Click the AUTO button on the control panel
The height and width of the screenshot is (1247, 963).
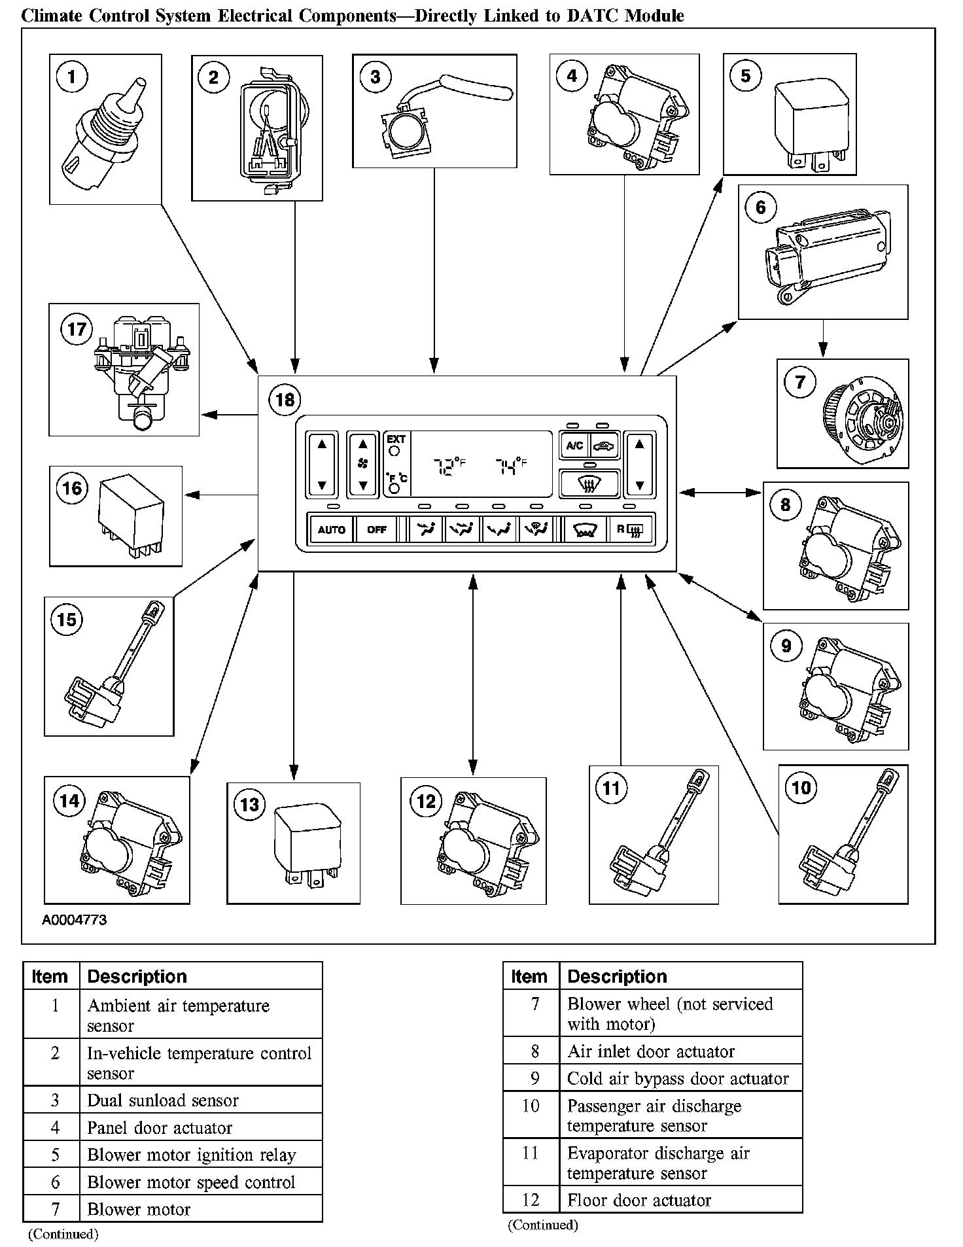pyautogui.click(x=331, y=529)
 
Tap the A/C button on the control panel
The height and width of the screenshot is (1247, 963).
pyautogui.click(x=574, y=446)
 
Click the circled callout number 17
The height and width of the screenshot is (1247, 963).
pyautogui.click(x=77, y=328)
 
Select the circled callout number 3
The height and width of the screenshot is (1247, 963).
pyautogui.click(x=375, y=77)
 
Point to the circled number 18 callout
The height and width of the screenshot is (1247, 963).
pyautogui.click(x=285, y=399)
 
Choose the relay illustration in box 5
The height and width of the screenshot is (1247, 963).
pyautogui.click(x=811, y=124)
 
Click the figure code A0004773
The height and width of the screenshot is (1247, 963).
pyautogui.click(x=74, y=920)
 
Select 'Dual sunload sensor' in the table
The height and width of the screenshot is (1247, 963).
pyautogui.click(x=163, y=1100)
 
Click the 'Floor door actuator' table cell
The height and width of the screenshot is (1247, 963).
pyautogui.click(x=639, y=1201)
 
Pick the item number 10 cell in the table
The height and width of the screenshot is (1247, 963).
pyautogui.click(x=531, y=1106)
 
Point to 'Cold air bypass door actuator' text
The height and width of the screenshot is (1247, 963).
pyautogui.click(x=678, y=1079)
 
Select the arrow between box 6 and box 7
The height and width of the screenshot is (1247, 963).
pyautogui.click(x=823, y=339)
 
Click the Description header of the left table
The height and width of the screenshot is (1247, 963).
pyautogui.click(x=137, y=977)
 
